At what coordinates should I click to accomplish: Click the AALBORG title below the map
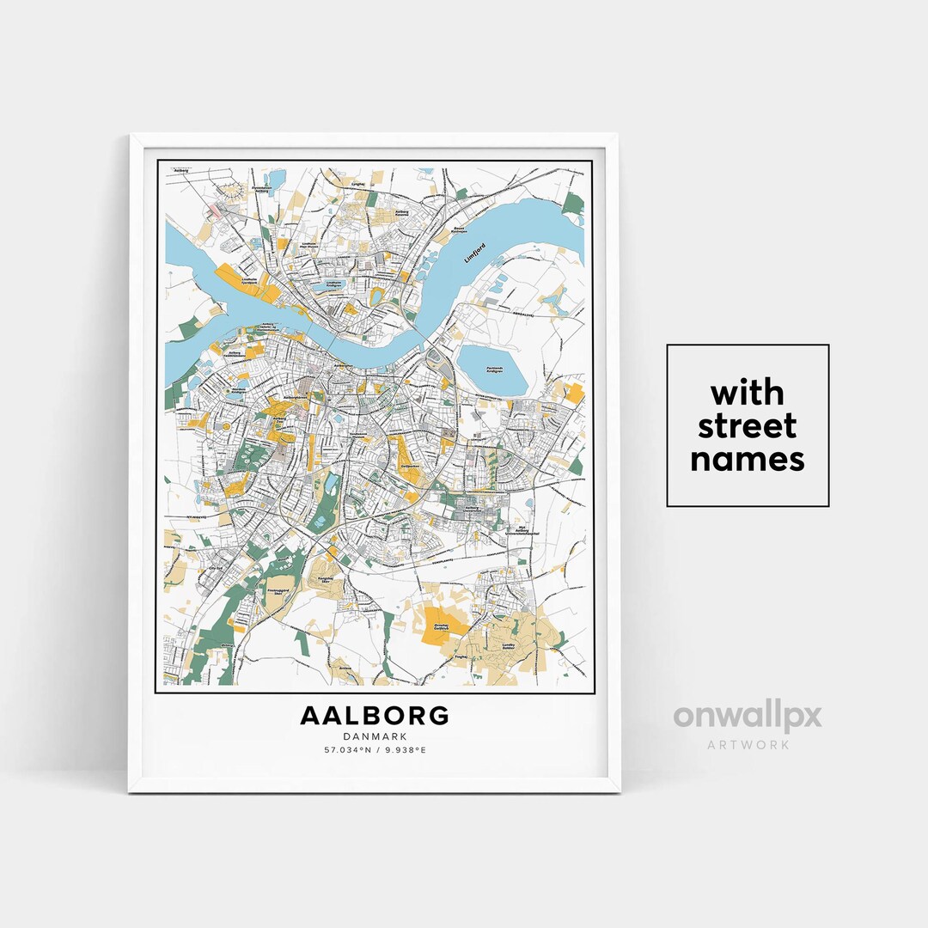tap(374, 715)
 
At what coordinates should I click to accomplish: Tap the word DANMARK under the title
tap(374, 736)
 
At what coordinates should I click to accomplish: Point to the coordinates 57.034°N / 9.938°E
tap(374, 750)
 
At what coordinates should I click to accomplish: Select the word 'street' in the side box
tap(748, 426)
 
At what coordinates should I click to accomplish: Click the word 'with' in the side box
tap(748, 394)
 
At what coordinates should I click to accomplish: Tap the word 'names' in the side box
tap(748, 460)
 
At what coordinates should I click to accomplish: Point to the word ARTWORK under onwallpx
tap(748, 744)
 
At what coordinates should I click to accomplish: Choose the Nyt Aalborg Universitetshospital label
tap(520, 531)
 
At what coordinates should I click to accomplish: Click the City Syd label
tap(217, 568)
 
